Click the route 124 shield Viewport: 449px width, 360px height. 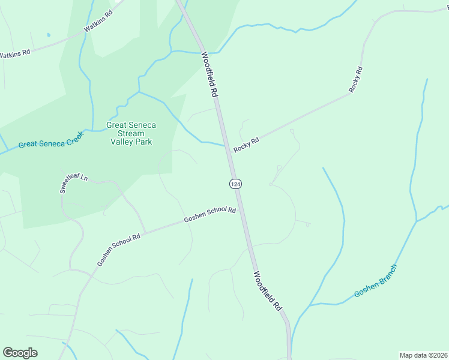(235, 183)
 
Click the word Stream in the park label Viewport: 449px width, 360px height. (131, 133)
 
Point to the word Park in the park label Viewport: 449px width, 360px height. (143, 142)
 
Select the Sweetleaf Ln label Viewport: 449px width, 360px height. (73, 183)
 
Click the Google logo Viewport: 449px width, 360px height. (20, 353)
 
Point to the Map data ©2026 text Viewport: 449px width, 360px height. (423, 355)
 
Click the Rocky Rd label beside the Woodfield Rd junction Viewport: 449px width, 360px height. (246, 145)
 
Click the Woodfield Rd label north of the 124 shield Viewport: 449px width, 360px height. (208, 75)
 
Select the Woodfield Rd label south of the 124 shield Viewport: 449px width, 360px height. (267, 291)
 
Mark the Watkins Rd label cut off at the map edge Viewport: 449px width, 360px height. (14, 54)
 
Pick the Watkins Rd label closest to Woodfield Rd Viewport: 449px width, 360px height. (98, 20)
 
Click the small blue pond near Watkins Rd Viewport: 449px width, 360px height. (49, 35)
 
